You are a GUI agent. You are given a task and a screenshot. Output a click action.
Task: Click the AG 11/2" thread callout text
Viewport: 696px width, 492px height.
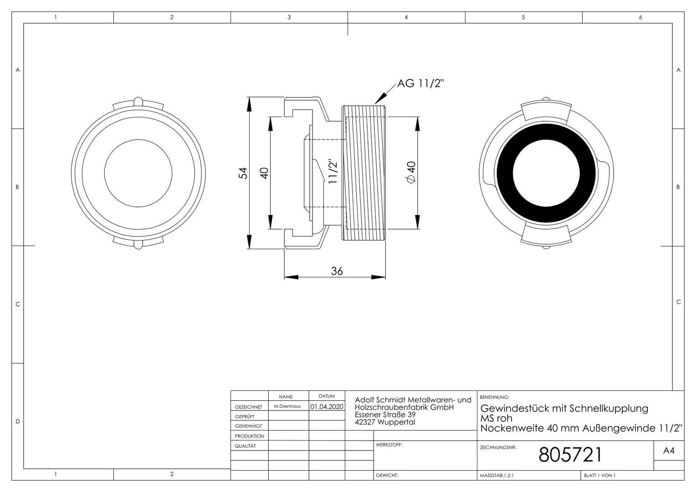click(420, 83)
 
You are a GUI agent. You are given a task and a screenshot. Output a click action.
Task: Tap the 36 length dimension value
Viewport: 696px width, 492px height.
click(337, 271)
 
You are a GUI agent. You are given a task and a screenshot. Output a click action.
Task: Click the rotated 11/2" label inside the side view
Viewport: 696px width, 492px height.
click(333, 171)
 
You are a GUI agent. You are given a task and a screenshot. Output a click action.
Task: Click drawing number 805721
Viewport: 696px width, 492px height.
click(570, 455)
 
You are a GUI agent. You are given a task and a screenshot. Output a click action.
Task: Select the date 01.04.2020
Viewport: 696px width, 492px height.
click(327, 406)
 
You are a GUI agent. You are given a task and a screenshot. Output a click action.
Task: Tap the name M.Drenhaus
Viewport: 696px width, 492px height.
click(287, 406)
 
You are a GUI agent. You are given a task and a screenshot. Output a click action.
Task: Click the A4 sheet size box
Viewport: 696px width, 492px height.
click(669, 451)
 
